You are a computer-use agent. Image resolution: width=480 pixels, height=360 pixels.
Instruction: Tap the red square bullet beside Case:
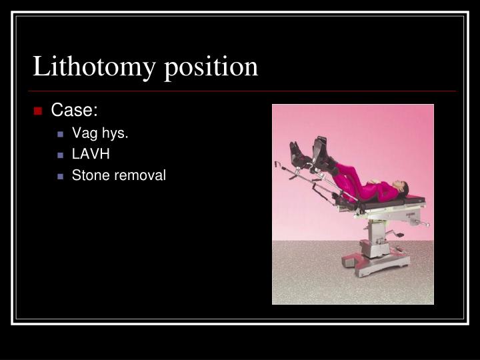(x=39, y=111)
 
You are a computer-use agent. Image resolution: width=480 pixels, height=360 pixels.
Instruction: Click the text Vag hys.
(x=99, y=133)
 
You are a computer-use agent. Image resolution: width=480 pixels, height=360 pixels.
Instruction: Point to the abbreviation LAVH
(x=91, y=155)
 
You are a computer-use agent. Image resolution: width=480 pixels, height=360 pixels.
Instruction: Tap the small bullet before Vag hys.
(x=60, y=134)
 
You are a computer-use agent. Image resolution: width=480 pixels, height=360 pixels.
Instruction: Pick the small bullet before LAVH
(x=60, y=155)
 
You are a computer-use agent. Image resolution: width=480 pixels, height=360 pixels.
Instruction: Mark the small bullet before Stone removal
(x=60, y=177)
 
